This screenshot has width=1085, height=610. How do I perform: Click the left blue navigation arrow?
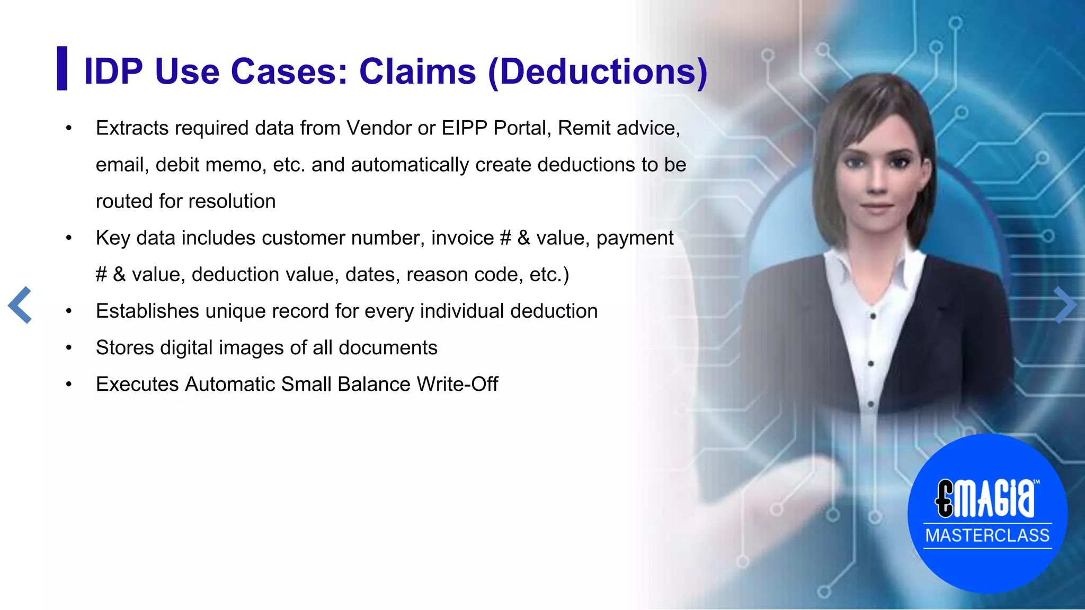20,305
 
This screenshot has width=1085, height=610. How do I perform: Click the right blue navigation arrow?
1064,305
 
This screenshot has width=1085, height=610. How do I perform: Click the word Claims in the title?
417,71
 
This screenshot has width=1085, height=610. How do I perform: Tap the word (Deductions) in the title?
598,71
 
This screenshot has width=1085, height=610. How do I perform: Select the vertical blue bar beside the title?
62,68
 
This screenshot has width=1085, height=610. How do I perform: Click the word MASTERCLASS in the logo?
987,535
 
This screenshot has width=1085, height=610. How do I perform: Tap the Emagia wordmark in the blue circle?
986,498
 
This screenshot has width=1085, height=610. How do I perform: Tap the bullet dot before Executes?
68,384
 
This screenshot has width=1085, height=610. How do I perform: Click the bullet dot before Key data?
68,238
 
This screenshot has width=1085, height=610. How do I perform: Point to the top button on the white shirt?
873,316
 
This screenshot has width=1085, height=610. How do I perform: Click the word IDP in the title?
113,71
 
